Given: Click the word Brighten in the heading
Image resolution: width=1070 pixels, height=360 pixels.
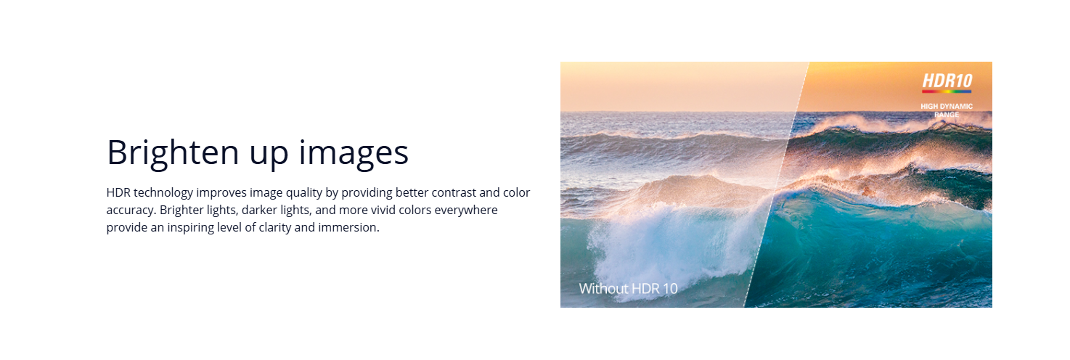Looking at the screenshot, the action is (173, 153).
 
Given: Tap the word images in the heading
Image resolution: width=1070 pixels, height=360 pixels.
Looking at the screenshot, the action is (354, 153).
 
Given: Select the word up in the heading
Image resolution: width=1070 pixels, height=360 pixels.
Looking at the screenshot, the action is (269, 156).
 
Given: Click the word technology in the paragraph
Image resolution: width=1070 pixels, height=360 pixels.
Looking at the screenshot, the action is (163, 193).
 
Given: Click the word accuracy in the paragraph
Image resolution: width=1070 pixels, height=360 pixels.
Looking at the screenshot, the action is (131, 210).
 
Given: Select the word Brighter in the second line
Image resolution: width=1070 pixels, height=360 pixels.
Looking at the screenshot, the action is (181, 210).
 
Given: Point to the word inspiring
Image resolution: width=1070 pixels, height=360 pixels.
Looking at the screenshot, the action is (190, 228).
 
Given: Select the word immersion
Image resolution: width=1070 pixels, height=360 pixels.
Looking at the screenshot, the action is (348, 227).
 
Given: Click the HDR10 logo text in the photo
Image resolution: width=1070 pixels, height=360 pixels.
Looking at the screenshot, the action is (947, 81).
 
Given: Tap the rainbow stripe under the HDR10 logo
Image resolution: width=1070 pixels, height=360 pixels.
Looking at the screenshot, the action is (947, 91).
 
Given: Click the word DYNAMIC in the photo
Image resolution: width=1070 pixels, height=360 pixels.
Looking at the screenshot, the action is (957, 107).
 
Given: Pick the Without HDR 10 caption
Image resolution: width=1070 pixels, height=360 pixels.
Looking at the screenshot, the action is (628, 288).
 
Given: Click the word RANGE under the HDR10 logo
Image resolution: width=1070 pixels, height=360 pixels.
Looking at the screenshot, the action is (947, 115).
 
